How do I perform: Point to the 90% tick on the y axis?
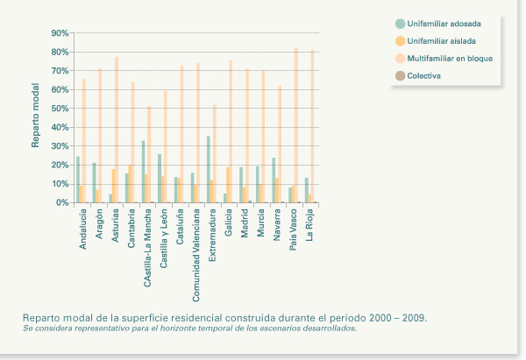[x=60, y=33]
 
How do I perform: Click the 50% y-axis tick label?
[x=60, y=109]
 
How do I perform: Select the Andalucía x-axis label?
[x=82, y=229]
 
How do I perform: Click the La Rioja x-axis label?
[x=310, y=226]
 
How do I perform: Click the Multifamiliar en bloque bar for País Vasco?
[x=296, y=125]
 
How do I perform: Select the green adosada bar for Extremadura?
[x=208, y=170]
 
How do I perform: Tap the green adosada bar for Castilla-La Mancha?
[x=143, y=172]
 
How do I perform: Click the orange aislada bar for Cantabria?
[x=131, y=184]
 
